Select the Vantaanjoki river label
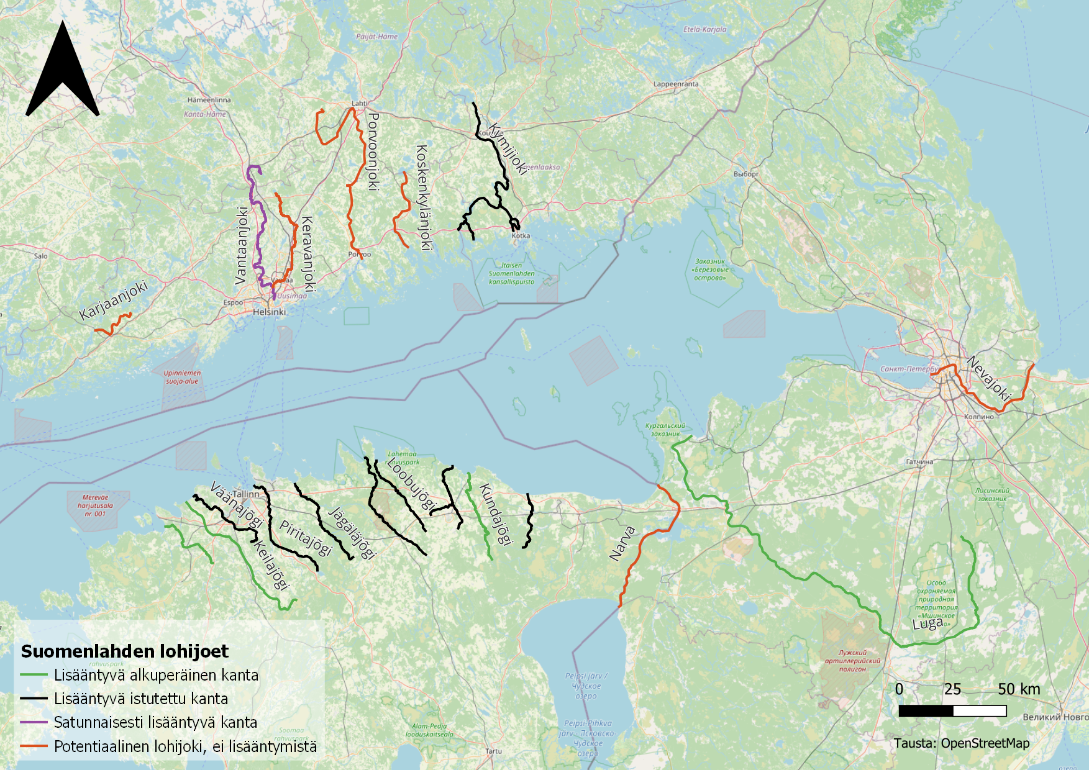(242, 246)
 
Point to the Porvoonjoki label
(373, 152)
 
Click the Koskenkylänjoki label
(423, 197)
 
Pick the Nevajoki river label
(989, 378)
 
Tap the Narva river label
(622, 543)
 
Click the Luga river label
(927, 623)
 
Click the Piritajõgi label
(306, 538)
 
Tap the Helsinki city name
(270, 312)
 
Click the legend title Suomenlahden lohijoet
(125, 651)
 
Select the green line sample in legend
(34, 675)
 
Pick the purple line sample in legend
(34, 722)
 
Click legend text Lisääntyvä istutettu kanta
(141, 699)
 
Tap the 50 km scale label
(1019, 689)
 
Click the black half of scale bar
(926, 710)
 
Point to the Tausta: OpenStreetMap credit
(962, 743)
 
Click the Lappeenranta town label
(676, 84)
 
